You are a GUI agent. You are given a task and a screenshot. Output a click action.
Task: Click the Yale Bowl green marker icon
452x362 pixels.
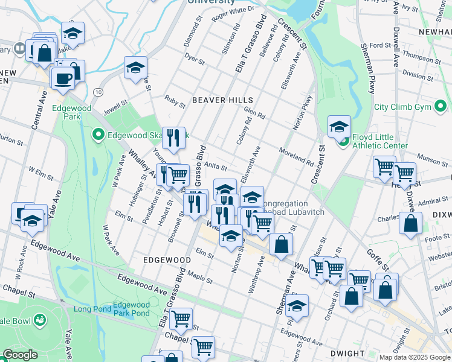(40, 319)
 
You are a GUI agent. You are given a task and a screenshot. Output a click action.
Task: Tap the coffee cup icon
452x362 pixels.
(63, 77)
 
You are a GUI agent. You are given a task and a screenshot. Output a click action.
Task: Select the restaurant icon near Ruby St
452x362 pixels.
(173, 138)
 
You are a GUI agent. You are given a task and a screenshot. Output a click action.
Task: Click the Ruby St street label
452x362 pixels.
(175, 101)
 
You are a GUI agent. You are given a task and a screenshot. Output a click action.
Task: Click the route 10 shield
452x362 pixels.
(98, 92)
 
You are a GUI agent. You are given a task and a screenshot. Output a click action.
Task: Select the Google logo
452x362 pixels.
(20, 355)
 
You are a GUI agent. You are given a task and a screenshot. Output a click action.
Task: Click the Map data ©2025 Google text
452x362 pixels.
(414, 357)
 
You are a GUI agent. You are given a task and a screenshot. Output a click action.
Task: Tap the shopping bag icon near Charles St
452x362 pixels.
(410, 223)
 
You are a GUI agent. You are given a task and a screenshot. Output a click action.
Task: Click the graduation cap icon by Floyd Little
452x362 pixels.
(340, 127)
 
